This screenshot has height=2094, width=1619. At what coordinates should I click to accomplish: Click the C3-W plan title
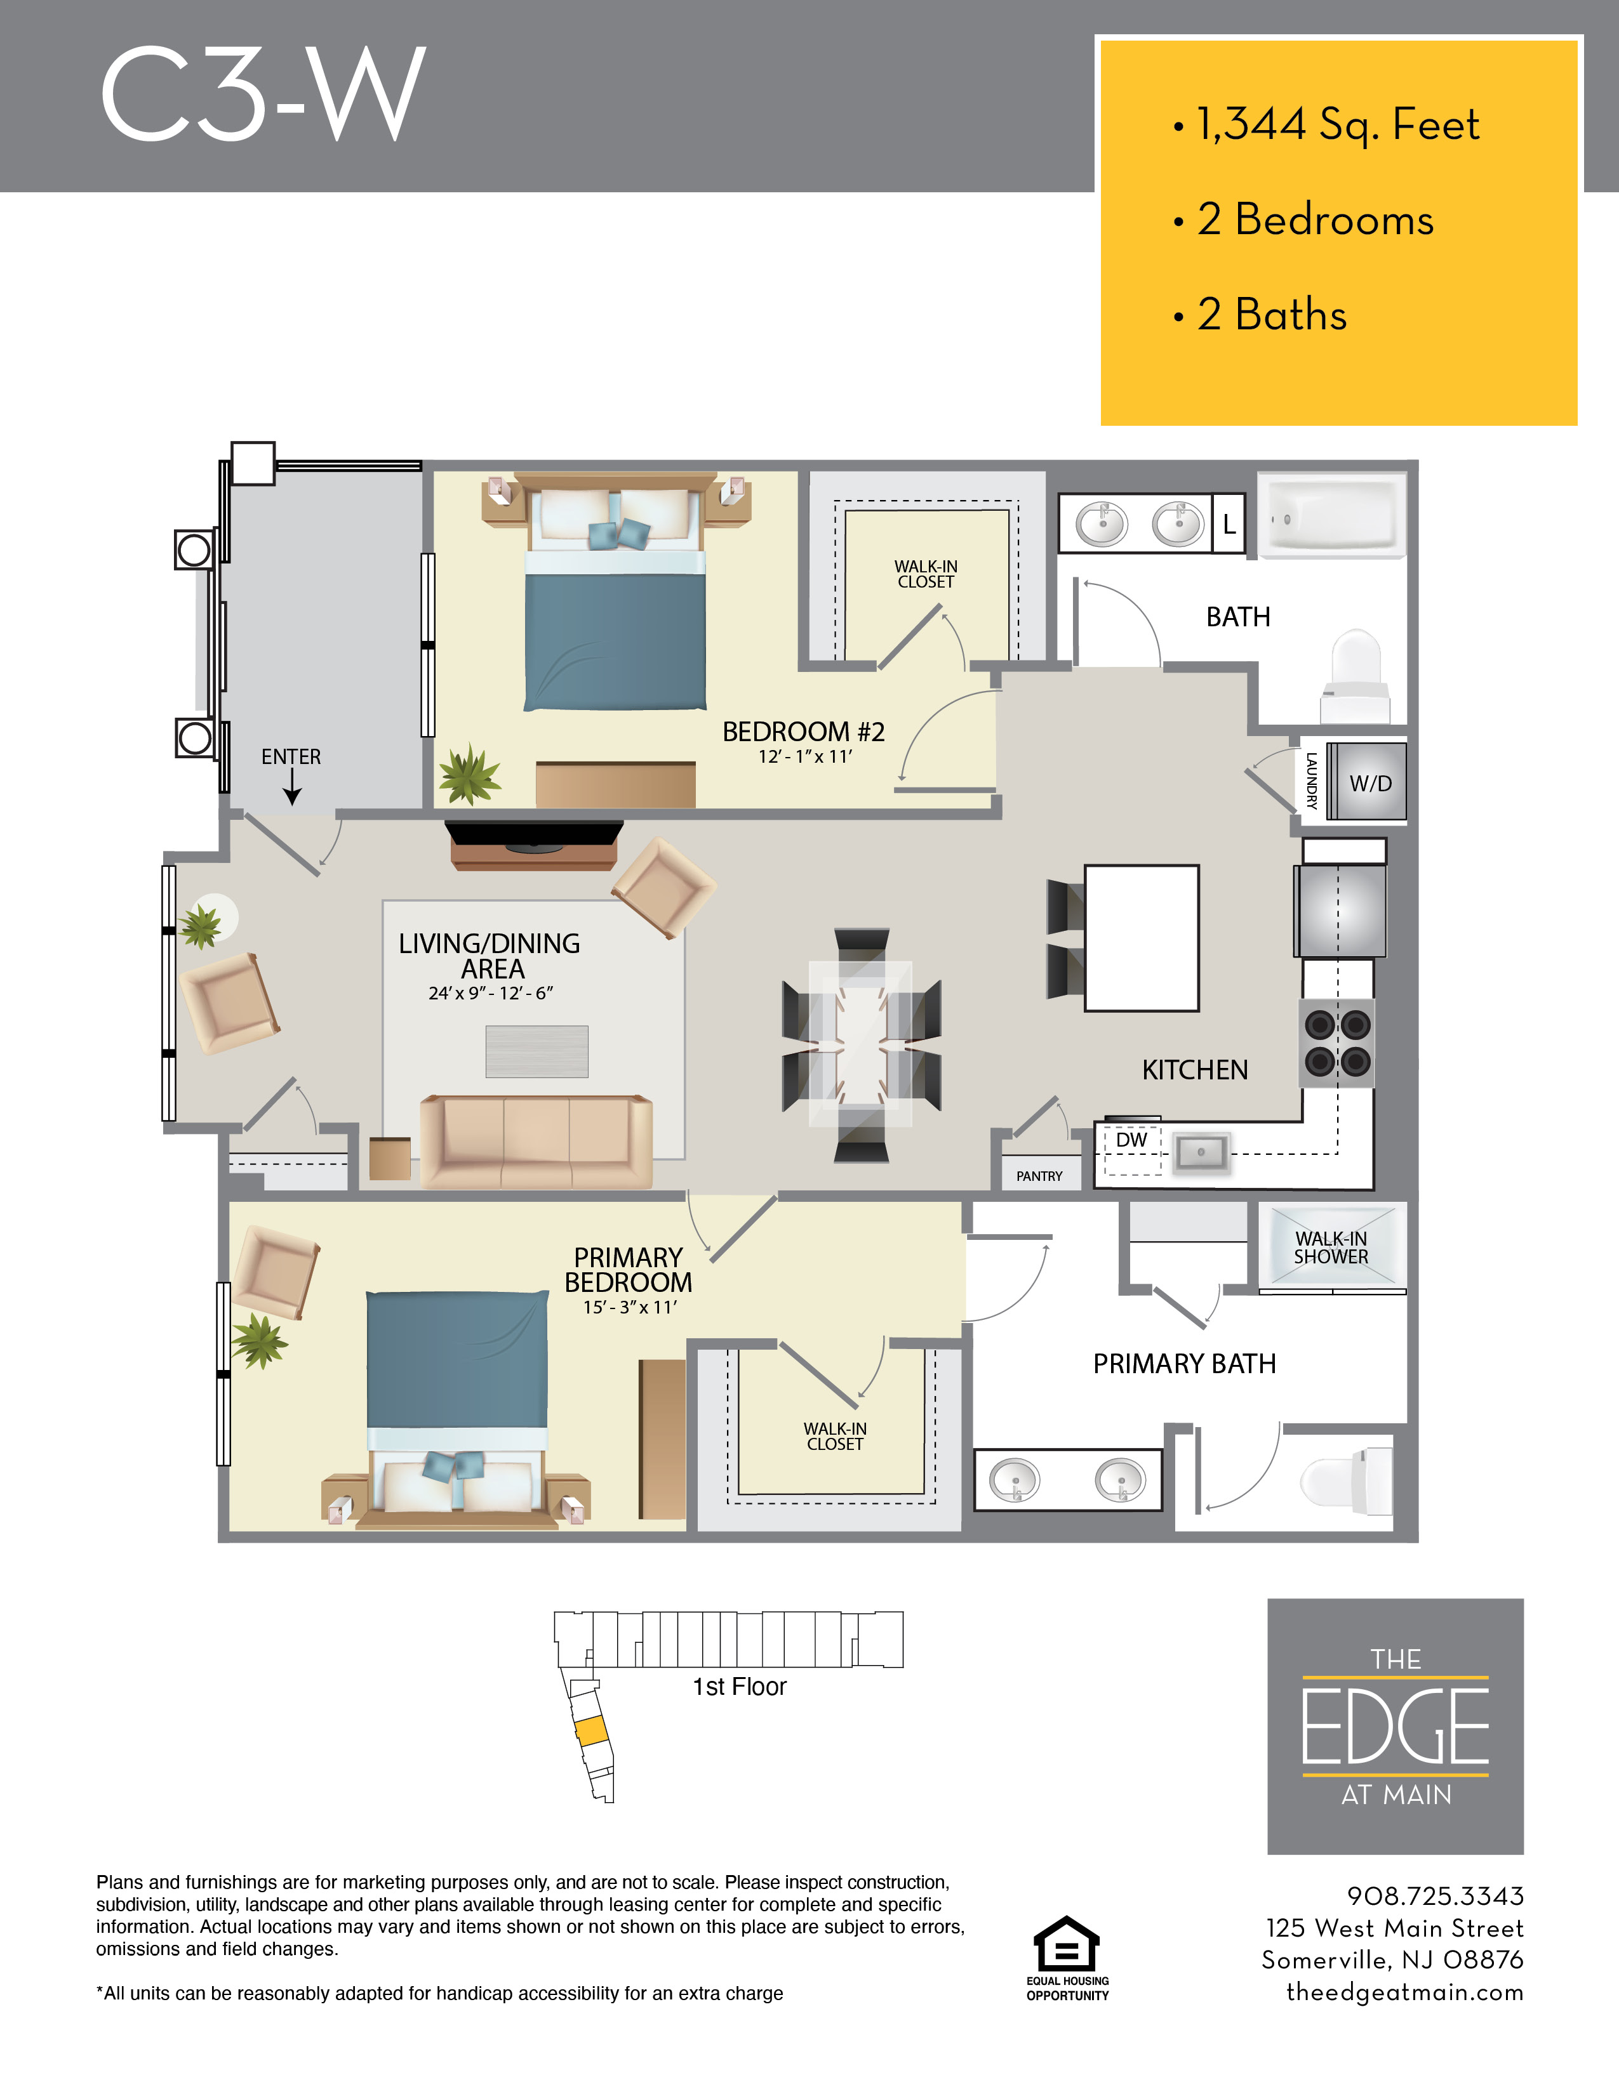(x=262, y=94)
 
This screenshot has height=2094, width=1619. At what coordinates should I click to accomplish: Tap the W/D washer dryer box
(x=1369, y=782)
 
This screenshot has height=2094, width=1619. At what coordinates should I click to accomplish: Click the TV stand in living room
(x=533, y=846)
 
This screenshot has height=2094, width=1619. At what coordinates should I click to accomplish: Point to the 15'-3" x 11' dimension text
(x=629, y=1307)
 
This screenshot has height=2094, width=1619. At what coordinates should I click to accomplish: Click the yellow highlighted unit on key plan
(x=591, y=1730)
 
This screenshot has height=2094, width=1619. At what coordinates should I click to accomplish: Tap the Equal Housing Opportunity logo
(x=1067, y=1956)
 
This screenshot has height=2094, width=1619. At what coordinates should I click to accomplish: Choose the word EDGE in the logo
(x=1395, y=1727)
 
